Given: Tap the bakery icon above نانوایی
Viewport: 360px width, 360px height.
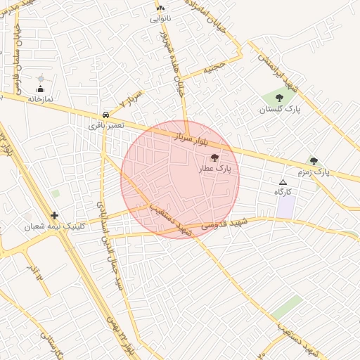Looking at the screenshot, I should [160, 8].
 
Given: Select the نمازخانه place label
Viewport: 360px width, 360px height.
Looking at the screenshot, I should [40, 100].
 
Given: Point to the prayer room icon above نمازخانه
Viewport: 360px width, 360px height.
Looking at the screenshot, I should [40, 89].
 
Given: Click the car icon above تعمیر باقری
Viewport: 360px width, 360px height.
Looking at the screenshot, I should [105, 114].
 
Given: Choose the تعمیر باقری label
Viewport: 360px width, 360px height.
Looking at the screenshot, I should [106, 124].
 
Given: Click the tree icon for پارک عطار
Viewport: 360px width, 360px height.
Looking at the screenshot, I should [214, 158].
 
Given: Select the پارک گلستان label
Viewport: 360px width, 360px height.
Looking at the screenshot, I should [279, 109].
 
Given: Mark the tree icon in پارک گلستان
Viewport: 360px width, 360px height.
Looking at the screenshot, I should [279, 98].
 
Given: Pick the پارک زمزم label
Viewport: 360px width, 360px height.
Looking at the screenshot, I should [312, 172].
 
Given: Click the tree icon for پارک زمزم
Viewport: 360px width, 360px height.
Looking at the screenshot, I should [314, 161].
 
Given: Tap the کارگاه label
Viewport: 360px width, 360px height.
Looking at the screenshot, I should [283, 191].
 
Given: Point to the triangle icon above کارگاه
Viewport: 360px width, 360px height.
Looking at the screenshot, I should [283, 181].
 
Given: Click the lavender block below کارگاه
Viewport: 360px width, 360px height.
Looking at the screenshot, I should [285, 207].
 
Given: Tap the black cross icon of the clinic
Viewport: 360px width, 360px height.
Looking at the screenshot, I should [54, 216].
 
